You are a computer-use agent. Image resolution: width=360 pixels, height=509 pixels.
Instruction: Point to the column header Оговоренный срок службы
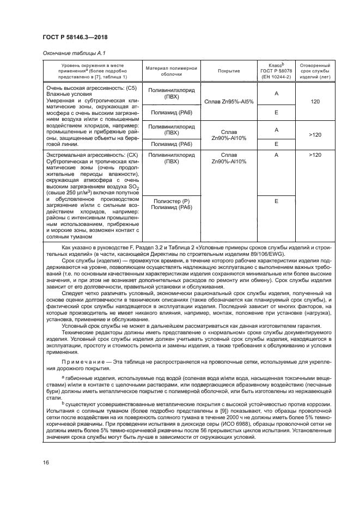[315, 70]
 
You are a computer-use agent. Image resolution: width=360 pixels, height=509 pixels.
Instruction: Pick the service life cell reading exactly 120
[315, 102]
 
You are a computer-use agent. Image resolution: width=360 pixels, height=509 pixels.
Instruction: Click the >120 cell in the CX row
[315, 155]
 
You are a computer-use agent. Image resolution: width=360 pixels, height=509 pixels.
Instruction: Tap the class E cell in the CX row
[276, 201]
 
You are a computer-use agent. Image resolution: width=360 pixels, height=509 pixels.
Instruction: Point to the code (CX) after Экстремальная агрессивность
[126, 155]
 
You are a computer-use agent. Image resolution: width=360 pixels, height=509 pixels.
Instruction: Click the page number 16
[46, 462]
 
